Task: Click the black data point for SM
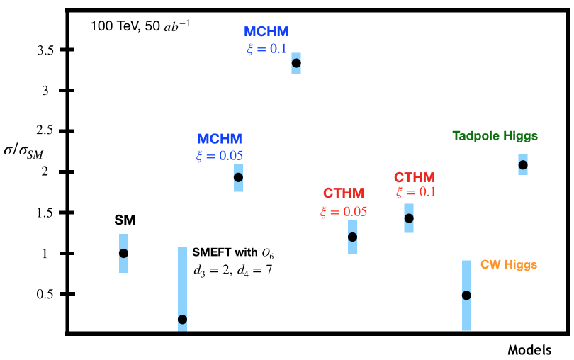[x=123, y=253]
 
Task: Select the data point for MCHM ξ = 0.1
[x=296, y=63]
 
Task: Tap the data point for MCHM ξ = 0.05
[x=238, y=177]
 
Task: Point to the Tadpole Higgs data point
[x=523, y=164]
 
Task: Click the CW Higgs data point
[x=466, y=295]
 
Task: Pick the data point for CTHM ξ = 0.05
[x=352, y=237]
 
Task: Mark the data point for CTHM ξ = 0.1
[x=409, y=218]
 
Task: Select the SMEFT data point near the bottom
[x=182, y=319]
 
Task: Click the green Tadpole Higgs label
[x=495, y=135]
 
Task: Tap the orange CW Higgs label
[x=509, y=265]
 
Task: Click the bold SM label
[x=125, y=220]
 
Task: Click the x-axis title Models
[x=530, y=350]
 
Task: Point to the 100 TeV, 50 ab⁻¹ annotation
[x=140, y=27]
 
